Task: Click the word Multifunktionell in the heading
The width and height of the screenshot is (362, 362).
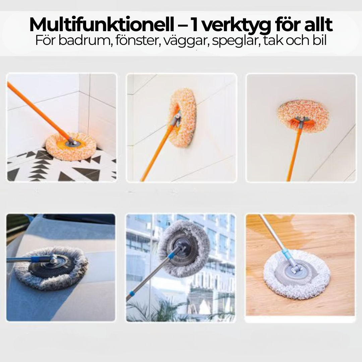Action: (x=102, y=24)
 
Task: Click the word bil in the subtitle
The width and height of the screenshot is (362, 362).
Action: (x=320, y=40)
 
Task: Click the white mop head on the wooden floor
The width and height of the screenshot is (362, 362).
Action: (x=297, y=274)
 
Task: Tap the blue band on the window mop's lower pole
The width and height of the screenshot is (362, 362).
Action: (x=132, y=294)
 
